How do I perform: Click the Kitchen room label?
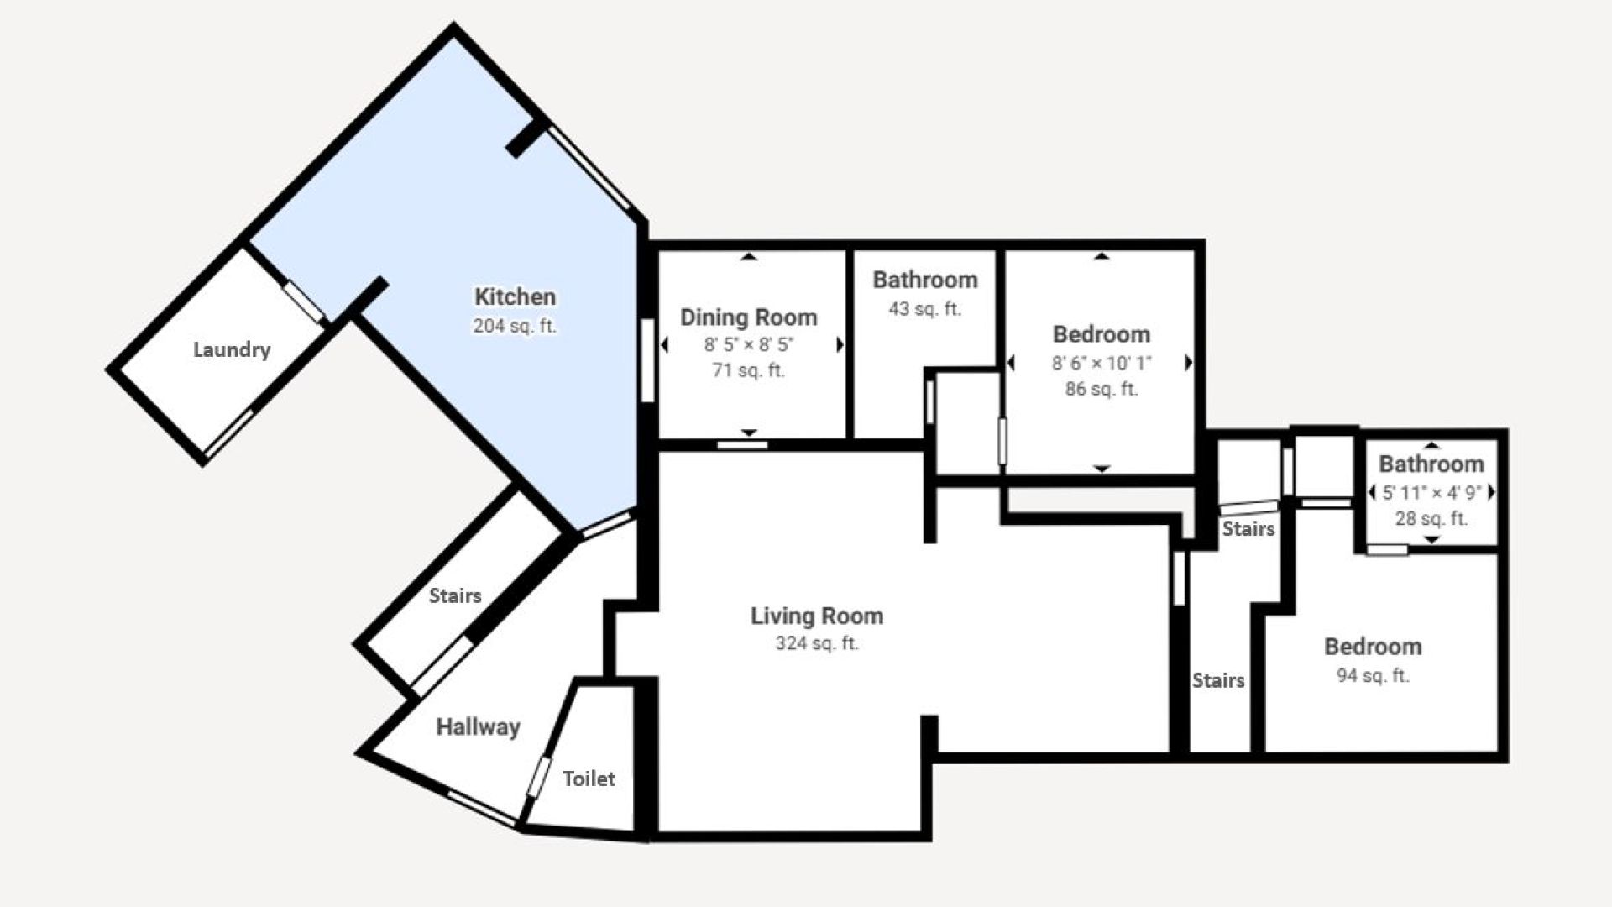tap(515, 296)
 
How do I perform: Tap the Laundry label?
tap(232, 349)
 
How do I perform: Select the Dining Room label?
tap(748, 317)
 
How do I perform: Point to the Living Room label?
tap(817, 616)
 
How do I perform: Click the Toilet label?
tap(589, 779)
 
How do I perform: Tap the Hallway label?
tap(478, 726)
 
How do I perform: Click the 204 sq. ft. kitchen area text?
tap(515, 326)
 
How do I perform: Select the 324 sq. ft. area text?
tap(817, 644)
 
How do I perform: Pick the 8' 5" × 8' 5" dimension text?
tap(749, 344)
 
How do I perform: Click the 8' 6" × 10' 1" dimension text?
tap(1102, 363)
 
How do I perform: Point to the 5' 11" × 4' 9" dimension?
tap(1431, 493)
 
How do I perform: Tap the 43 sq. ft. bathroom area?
tap(924, 309)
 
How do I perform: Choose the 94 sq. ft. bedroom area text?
tap(1373, 675)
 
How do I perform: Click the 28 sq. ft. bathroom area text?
tap(1431, 519)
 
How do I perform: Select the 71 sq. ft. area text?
tap(748, 370)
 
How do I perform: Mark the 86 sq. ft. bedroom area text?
tap(1102, 390)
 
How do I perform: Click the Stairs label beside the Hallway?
tap(455, 595)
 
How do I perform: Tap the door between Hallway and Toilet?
tap(538, 776)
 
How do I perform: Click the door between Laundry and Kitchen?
tap(303, 301)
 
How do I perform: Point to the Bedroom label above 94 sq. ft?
tap(1373, 647)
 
